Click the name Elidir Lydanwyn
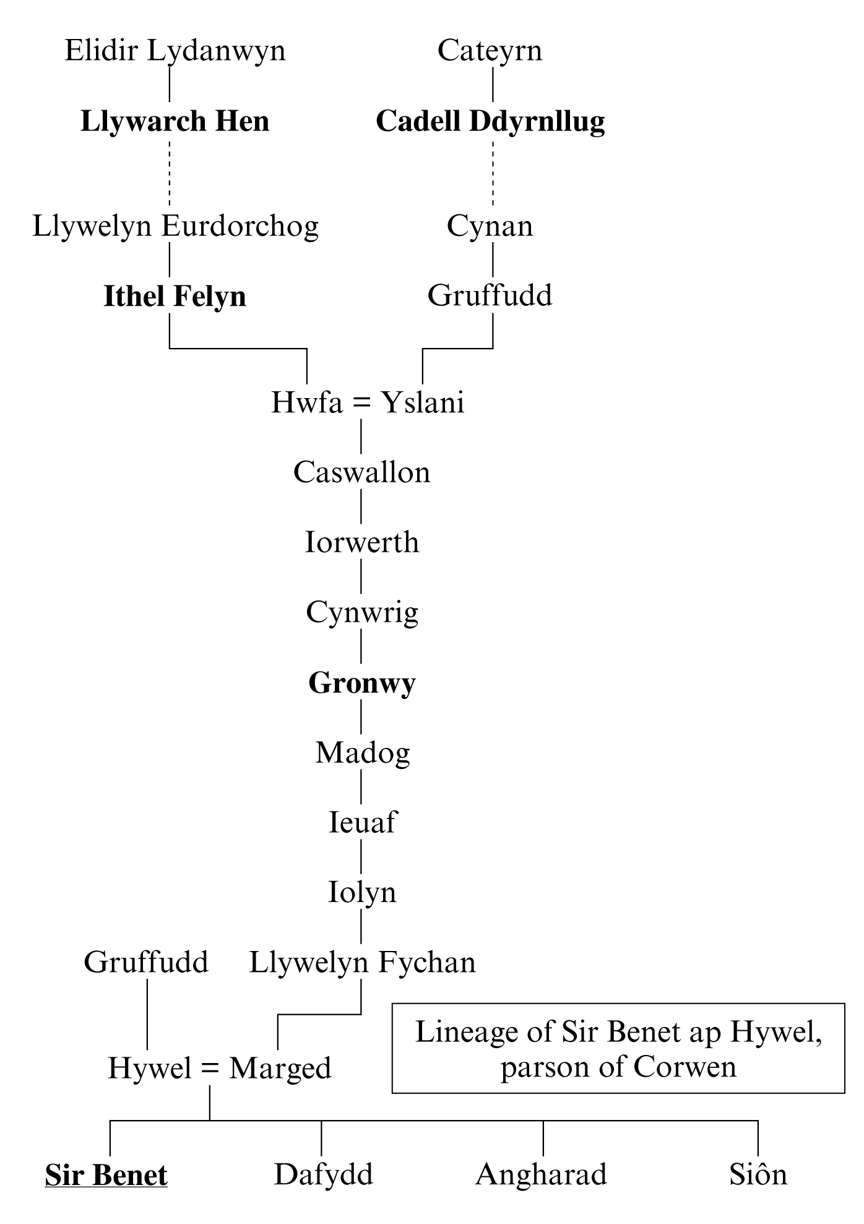coord(175,51)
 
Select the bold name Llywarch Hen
coord(175,121)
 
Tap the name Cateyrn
coord(490,51)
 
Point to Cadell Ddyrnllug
coord(490,122)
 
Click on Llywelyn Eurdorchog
coord(175,227)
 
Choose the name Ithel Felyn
coord(175,297)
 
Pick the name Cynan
coord(490,227)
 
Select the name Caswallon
coord(361,472)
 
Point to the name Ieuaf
coord(362,823)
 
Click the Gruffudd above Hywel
coord(146,963)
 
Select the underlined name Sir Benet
coord(106,1175)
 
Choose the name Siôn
coord(758,1174)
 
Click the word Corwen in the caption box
coord(685,1067)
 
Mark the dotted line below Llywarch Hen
coord(170,174)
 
